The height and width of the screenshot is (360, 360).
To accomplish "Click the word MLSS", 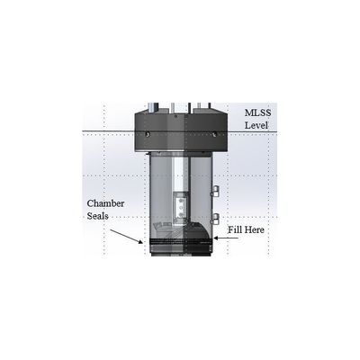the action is pos(257,112).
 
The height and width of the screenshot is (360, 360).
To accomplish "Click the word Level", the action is pos(256,125).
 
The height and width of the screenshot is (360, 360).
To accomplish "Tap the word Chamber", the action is pos(105,203).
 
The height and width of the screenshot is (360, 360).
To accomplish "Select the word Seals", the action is pos(97,216).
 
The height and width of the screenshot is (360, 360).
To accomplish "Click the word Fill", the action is pos(235,229).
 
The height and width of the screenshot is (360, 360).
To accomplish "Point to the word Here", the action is pos(255,230).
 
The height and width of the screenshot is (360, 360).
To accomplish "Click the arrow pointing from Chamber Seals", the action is pos(126,237).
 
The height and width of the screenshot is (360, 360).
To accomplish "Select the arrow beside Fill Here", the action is pos(226,238).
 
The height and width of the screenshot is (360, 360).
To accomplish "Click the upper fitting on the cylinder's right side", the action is pos(215,191).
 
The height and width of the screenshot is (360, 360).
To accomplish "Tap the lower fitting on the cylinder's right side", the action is pos(215,219).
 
